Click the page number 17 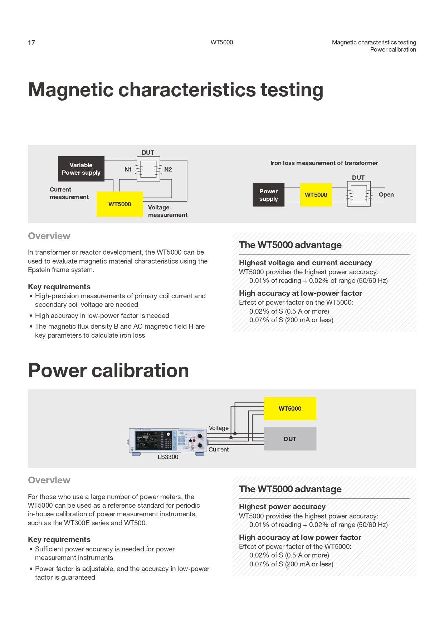pos(31,43)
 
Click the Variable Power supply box pos(81,169)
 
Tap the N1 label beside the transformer pos(128,169)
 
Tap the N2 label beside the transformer pos(168,169)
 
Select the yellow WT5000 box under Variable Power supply pos(120,204)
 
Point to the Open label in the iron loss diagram pos(386,194)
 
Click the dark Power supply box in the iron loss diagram pos(268,195)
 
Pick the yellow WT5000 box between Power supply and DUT pos(316,195)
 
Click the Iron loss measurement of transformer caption pos(324,163)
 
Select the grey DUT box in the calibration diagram pos(290,439)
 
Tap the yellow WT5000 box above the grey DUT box pos(290,409)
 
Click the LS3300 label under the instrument pos(168,457)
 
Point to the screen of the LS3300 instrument pos(147,440)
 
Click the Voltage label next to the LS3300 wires pos(219,428)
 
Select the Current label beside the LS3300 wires pos(219,450)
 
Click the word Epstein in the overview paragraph pos(39,270)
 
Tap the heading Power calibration pos(108,370)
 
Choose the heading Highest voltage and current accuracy pos(305,263)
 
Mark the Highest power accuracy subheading pos(282,507)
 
